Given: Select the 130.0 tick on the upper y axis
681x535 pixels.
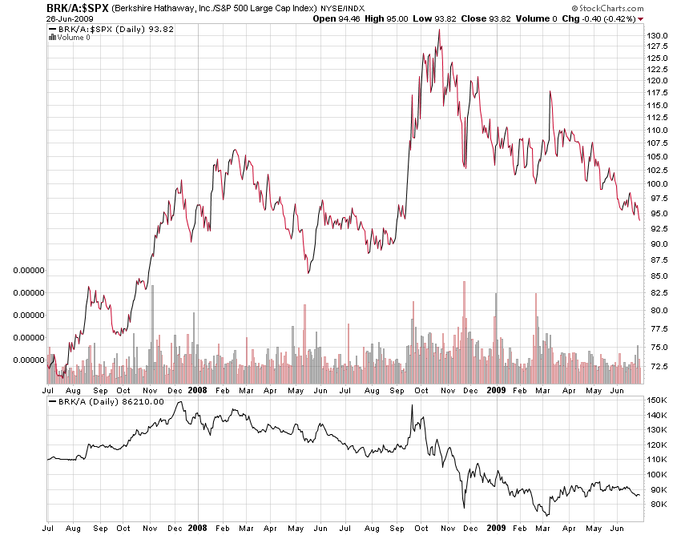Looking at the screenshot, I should pos(658,36).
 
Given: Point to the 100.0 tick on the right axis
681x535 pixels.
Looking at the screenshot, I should pos(658,183).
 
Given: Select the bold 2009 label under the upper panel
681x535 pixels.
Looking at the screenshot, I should pos(495,390).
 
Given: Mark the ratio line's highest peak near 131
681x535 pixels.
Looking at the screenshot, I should pos(439,30).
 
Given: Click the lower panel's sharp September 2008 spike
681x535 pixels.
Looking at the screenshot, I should pos(412,405).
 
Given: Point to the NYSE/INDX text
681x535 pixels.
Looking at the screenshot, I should pos(342,8).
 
